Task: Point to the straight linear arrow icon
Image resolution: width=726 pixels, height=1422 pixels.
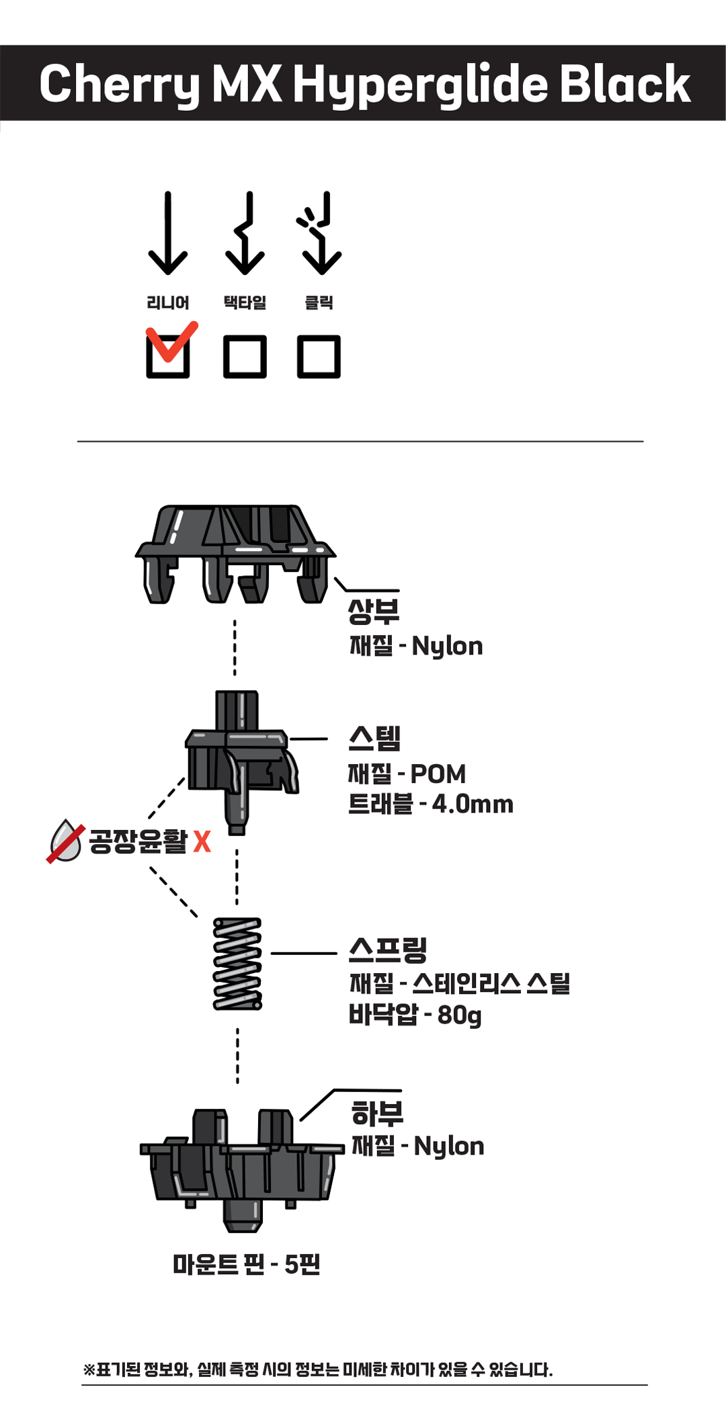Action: point(167,233)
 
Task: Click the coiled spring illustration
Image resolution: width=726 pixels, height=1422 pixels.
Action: point(237,964)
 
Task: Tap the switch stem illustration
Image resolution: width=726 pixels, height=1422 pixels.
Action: point(241,762)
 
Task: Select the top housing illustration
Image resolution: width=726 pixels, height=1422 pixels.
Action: point(235,554)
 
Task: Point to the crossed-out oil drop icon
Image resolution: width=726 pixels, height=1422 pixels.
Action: point(65,841)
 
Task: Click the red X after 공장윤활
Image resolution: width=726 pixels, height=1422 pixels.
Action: point(202,841)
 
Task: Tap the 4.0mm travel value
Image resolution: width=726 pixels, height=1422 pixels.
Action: point(473,804)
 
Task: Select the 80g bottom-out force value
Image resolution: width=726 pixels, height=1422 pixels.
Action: point(460,1015)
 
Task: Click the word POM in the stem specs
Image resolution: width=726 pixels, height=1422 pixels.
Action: point(438,774)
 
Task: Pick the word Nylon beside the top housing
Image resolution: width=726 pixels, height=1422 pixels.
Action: point(447,646)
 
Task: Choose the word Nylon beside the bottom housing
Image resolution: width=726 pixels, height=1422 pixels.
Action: point(449,1146)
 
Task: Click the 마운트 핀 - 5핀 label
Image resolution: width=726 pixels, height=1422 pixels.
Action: point(247,1264)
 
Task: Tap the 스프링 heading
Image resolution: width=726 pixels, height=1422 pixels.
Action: point(388,950)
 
